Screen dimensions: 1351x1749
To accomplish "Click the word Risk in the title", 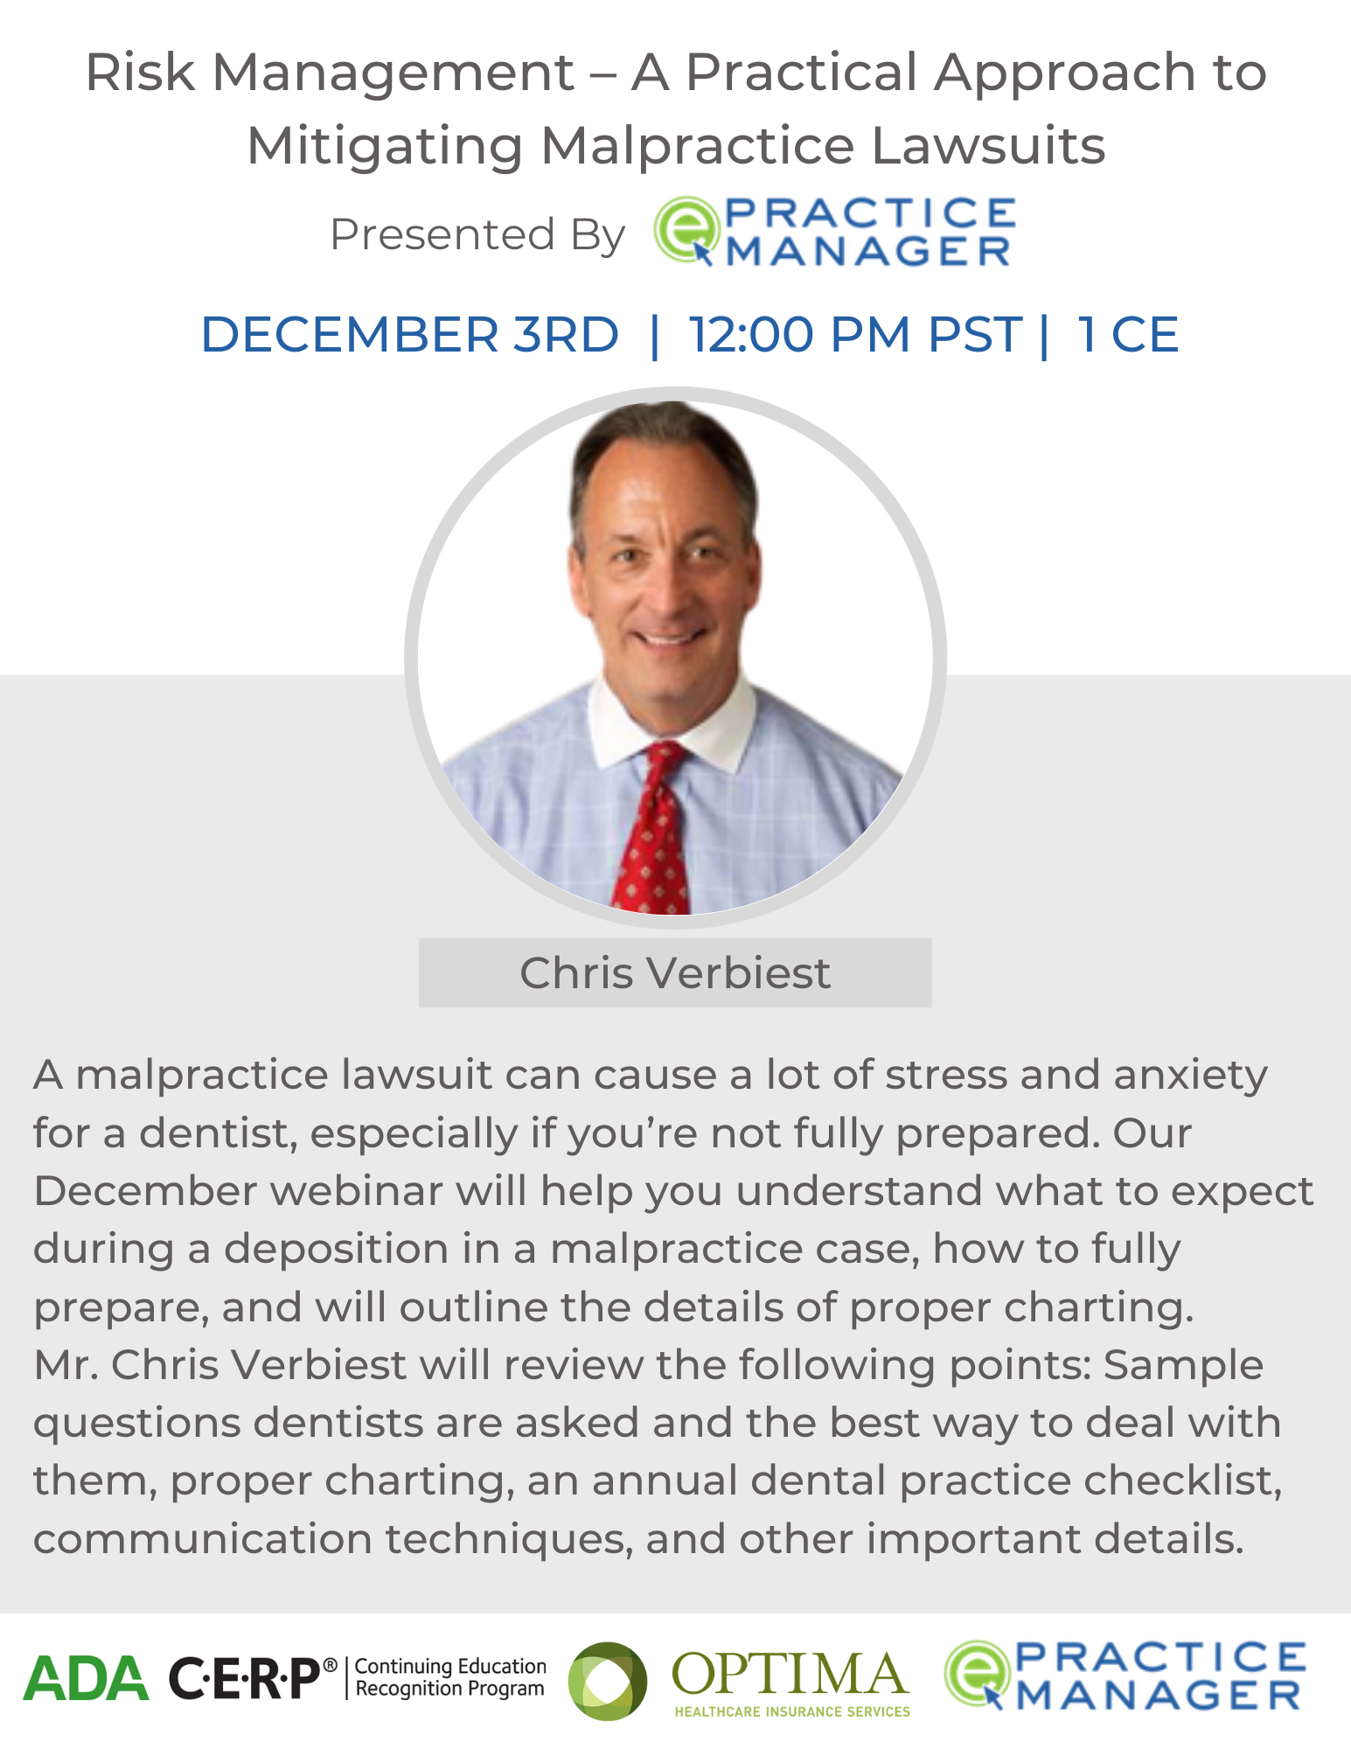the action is point(140,72).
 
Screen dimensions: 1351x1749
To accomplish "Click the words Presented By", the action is point(477,234).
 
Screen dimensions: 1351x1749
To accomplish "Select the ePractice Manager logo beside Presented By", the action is point(835,231).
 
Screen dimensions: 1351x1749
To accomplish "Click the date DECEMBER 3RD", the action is point(410,335).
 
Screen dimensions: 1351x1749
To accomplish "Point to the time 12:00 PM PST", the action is point(855,335).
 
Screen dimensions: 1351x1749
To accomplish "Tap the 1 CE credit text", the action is point(1128,335).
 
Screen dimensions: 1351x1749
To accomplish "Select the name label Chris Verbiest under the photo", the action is point(675,972).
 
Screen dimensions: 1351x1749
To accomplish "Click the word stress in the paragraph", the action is point(945,1074).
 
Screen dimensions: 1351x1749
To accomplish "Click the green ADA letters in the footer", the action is point(86,1678).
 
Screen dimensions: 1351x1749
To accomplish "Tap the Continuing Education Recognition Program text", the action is point(450,1677).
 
